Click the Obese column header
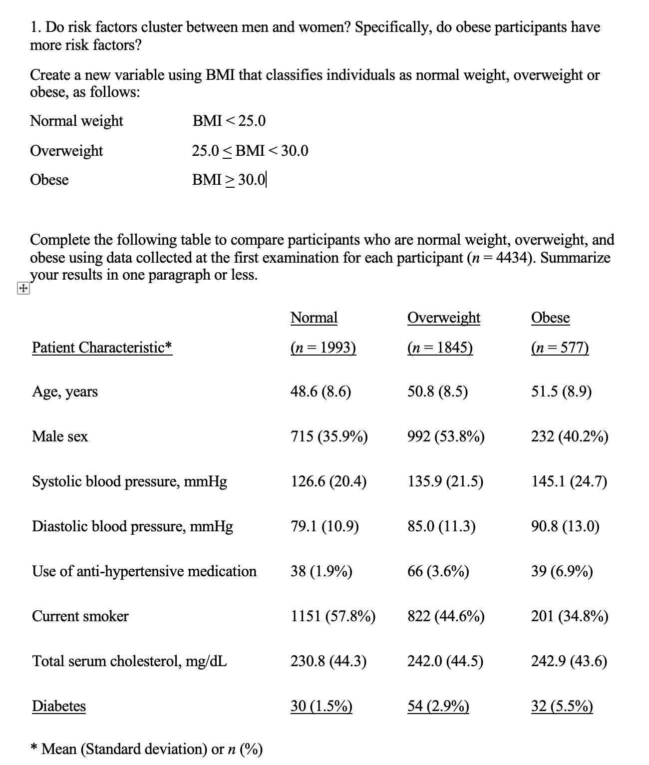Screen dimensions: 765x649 pos(550,318)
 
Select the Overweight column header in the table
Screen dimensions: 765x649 pos(443,318)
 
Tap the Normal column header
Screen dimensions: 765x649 pos(314,318)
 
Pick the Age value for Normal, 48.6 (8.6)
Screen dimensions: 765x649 pos(321,391)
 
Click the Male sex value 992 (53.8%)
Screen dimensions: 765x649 pos(445,436)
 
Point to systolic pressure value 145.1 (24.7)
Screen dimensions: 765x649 pos(569,481)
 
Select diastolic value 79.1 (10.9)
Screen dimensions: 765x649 pos(324,526)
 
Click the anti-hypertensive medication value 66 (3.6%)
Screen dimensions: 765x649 pos(438,571)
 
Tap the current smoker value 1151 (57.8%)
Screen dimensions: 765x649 pos(333,616)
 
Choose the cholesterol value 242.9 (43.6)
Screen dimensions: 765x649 pos(569,661)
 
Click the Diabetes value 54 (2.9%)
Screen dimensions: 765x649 pos(438,706)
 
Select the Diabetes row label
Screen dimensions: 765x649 pos(59,706)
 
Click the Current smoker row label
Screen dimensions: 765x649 pos(80,616)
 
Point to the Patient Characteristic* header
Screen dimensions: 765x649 pos(102,347)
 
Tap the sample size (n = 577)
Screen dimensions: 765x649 pos(560,347)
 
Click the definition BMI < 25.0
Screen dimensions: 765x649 pos(229,121)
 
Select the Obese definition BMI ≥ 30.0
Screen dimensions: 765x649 pos(229,180)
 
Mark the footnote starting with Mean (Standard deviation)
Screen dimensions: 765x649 pos(147,749)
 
